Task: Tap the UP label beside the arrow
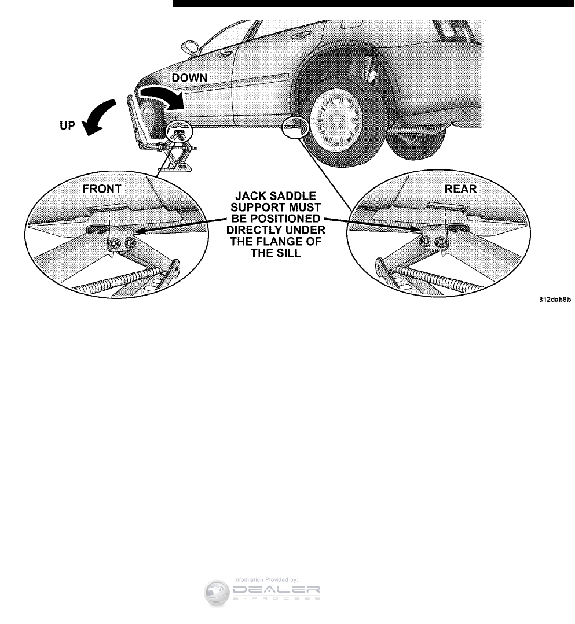[x=68, y=125]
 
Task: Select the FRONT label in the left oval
[x=102, y=189]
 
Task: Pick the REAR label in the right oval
[x=461, y=189]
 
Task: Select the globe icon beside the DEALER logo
[x=217, y=593]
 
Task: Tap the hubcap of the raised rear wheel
[x=336, y=114]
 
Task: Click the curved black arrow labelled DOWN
[x=164, y=95]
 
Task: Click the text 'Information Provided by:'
[x=266, y=579]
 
